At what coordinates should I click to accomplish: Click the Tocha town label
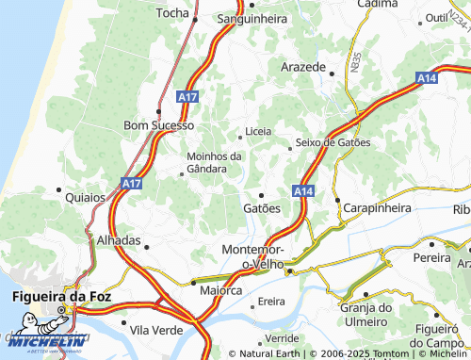tap(172, 13)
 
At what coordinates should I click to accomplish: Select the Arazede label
tap(302, 68)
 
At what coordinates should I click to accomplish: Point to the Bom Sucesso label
tap(159, 124)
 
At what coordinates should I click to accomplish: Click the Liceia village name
tap(257, 131)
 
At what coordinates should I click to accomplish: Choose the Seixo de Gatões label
tap(333, 142)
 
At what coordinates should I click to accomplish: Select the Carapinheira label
tap(377, 207)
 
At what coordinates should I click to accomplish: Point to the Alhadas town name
tap(119, 240)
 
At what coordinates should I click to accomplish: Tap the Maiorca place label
tap(220, 291)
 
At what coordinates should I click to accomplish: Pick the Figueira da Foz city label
tap(59, 297)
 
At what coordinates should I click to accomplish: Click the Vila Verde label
tap(155, 329)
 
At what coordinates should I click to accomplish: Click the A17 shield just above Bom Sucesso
tap(187, 95)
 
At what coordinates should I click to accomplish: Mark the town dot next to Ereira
tap(254, 303)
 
